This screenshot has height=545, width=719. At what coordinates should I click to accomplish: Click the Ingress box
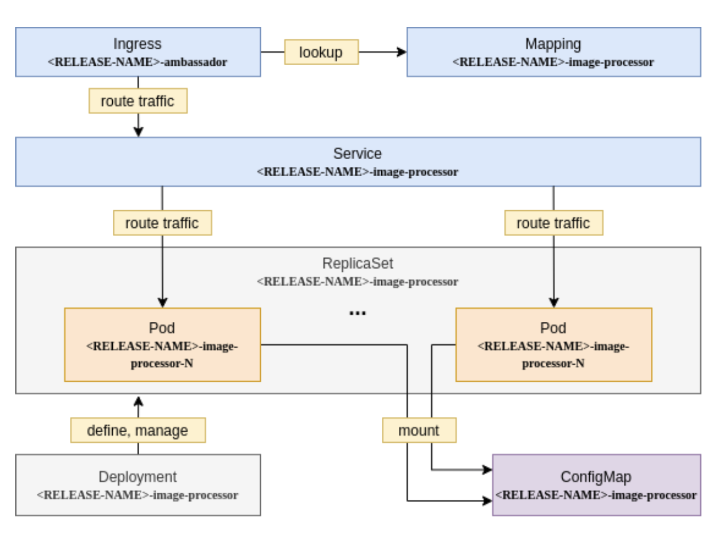137,52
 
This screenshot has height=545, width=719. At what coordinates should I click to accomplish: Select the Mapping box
553,52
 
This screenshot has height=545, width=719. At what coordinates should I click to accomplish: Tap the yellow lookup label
321,52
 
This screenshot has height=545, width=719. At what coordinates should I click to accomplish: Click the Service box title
357,154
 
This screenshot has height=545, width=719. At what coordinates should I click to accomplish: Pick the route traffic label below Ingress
137,101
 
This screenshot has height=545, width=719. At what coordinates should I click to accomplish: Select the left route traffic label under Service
162,223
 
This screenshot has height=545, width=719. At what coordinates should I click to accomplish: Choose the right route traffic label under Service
553,223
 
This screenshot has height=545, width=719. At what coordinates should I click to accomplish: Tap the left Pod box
162,345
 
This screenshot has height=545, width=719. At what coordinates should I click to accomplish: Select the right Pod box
553,345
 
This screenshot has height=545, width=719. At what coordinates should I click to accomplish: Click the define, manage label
137,430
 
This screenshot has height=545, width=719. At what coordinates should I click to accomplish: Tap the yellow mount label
419,430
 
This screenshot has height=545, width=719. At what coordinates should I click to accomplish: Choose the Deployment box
137,485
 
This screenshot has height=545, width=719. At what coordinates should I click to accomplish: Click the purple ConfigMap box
596,485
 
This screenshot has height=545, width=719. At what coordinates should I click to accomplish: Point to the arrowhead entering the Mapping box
402,52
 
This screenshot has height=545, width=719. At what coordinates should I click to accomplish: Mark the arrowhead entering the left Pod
162,303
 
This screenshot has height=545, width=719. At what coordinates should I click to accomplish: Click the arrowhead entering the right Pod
553,303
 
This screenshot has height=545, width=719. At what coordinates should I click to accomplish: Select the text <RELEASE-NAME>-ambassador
137,62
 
